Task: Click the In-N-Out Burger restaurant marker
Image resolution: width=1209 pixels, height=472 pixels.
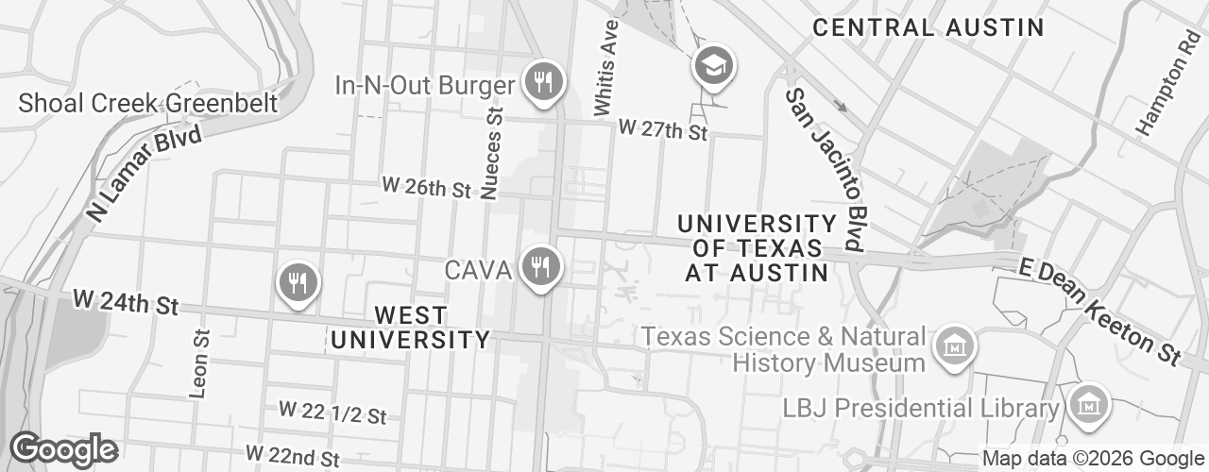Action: coord(542,81)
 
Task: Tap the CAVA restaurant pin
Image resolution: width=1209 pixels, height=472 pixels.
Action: coord(540,267)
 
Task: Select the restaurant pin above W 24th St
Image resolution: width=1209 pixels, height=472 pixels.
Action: coord(298,282)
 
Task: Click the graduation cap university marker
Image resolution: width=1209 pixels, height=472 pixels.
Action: coord(714,66)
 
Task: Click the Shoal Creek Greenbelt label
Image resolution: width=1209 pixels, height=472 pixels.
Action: coord(148,103)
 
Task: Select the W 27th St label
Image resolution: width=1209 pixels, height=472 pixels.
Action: coord(662,130)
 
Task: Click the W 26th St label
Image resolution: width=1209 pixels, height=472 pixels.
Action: coord(426,187)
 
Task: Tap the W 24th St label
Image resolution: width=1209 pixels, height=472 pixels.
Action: coord(126,304)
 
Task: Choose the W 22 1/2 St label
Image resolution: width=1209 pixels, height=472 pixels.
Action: coord(332,413)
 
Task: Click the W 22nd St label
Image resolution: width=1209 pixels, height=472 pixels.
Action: coord(292,457)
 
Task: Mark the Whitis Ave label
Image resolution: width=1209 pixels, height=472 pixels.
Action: coord(605,70)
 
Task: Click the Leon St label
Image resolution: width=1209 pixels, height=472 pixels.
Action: coord(198,362)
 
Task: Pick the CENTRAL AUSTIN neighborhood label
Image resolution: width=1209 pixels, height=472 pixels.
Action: coord(928,27)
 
